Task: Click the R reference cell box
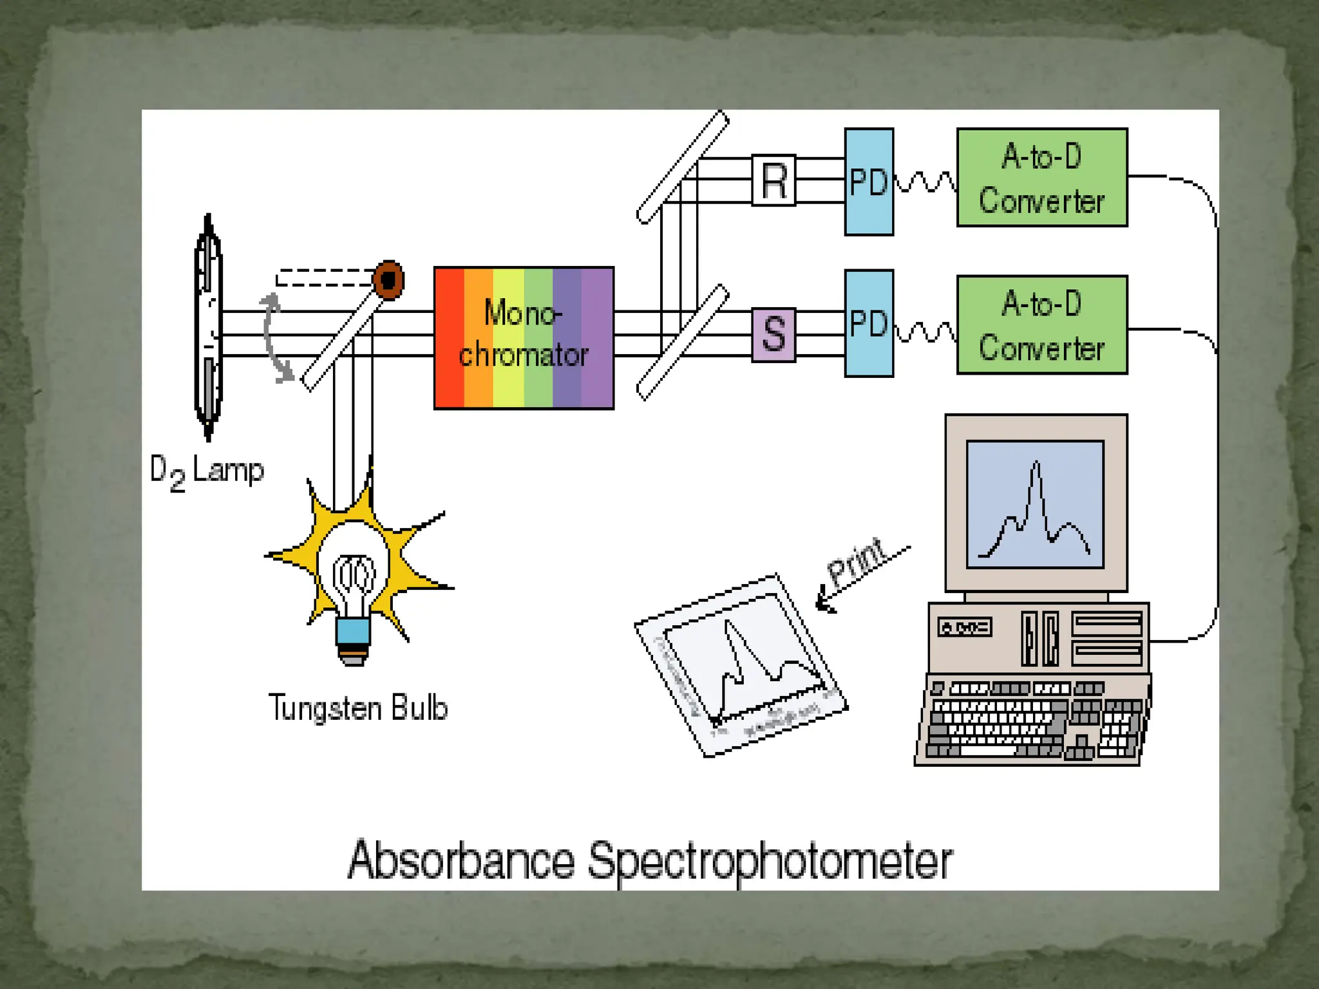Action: click(773, 180)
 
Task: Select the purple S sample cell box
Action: click(773, 335)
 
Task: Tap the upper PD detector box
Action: click(869, 182)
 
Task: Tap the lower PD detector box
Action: click(869, 323)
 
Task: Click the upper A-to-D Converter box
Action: click(1042, 178)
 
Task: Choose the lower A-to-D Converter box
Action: click(1042, 325)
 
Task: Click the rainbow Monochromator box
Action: click(524, 338)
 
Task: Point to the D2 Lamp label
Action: click(206, 471)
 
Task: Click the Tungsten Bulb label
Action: click(357, 708)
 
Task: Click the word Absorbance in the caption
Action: click(460, 861)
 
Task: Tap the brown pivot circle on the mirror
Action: click(388, 280)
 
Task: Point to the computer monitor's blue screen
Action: click(1035, 504)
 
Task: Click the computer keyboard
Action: click(1032, 719)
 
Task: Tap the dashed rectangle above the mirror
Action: click(325, 278)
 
